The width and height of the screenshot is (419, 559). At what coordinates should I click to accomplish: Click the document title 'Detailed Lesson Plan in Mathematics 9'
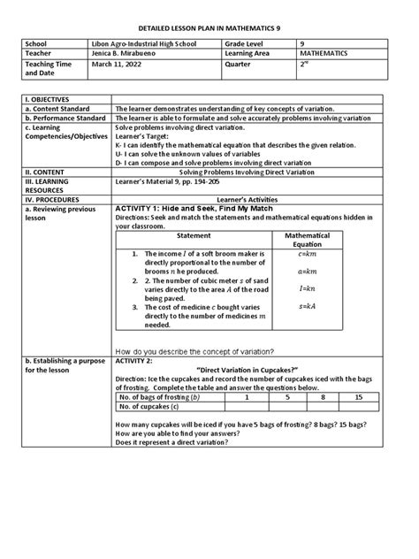point(209,21)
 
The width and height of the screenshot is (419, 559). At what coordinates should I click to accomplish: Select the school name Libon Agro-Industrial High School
point(152,42)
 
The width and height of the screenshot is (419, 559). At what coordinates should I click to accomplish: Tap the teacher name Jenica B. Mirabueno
point(133,53)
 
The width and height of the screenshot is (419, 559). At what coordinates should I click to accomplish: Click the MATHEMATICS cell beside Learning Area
point(323,53)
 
